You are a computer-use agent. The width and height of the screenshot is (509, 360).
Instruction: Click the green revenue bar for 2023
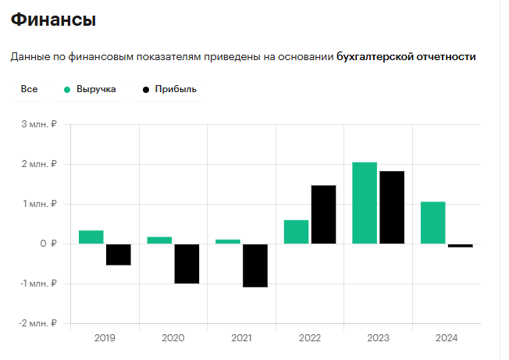[x=365, y=203]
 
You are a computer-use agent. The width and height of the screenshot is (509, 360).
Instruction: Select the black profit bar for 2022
[x=323, y=215]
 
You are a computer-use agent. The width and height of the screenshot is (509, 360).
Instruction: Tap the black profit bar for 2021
[x=255, y=266]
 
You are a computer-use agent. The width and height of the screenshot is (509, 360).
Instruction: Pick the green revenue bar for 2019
[x=91, y=237]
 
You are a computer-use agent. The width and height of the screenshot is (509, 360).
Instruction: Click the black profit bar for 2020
[x=187, y=263]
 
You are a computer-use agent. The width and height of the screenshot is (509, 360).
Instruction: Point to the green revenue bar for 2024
[x=432, y=223]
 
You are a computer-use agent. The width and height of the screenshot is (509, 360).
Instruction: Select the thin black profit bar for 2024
[x=461, y=246]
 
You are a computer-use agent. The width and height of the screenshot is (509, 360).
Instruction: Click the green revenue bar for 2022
[x=296, y=232]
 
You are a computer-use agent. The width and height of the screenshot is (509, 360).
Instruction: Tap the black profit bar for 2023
[x=392, y=208]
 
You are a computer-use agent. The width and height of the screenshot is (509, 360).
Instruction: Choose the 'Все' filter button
[x=30, y=90]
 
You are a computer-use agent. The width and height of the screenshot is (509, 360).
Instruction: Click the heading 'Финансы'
[x=53, y=20]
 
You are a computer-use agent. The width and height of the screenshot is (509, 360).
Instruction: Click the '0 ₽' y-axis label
[x=48, y=244]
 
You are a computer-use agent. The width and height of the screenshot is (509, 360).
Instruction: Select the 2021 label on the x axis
[x=241, y=338]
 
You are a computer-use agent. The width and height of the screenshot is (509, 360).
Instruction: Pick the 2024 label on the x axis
[x=447, y=338]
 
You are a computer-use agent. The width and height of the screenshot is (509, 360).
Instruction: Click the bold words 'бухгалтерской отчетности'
[x=406, y=56]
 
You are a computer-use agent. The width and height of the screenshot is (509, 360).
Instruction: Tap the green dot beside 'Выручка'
[x=68, y=90]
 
